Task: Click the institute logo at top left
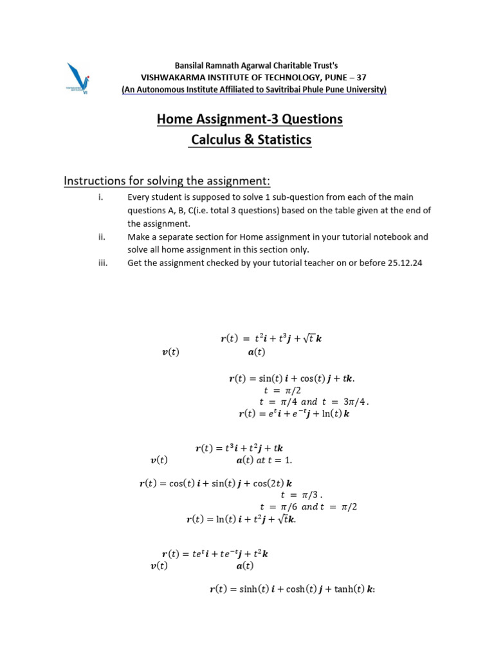coord(78,78)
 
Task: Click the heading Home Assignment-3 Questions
coord(250,119)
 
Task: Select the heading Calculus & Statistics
coord(250,140)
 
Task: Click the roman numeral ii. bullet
coord(101,236)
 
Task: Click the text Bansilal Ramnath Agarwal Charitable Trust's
coord(256,66)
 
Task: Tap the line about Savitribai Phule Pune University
coord(254,89)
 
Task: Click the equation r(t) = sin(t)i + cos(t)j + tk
coord(291,378)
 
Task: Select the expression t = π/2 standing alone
coord(283,390)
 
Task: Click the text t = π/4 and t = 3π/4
coord(314,402)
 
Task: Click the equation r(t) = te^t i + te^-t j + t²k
coord(215,553)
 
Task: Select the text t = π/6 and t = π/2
coord(308,506)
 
